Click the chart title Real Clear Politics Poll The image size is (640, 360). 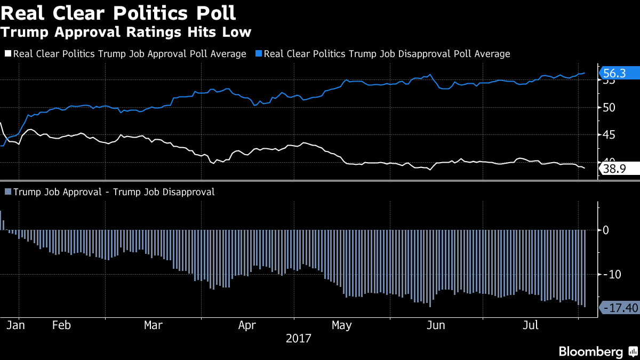pyautogui.click(x=118, y=12)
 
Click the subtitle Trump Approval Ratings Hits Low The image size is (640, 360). pyautogui.click(x=126, y=32)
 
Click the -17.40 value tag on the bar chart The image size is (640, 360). pyautogui.click(x=619, y=308)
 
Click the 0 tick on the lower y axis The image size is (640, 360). pyautogui.click(x=605, y=230)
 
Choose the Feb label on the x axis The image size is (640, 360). pyautogui.click(x=62, y=325)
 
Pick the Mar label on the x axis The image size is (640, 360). pyautogui.click(x=154, y=325)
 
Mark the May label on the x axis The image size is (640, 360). pyautogui.click(x=341, y=325)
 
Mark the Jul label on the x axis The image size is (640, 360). pyautogui.click(x=530, y=325)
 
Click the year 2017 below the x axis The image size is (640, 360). pyautogui.click(x=299, y=339)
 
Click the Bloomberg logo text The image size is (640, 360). pyautogui.click(x=590, y=352)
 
